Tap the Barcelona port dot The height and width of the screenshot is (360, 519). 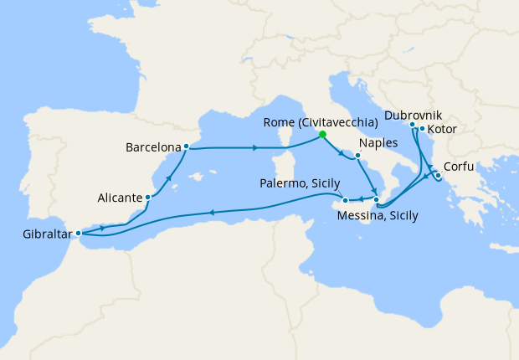(x=185, y=148)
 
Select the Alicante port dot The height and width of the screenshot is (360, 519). (x=148, y=198)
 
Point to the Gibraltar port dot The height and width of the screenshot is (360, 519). (x=78, y=234)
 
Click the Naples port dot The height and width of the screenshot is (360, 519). (x=357, y=156)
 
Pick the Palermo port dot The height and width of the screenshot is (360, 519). (x=346, y=201)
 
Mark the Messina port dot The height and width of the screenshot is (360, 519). (x=377, y=200)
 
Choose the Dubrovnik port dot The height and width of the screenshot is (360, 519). (x=413, y=125)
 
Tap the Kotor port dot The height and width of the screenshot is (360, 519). (x=422, y=129)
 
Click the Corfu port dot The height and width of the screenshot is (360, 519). (x=439, y=175)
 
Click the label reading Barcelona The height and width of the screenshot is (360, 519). (x=152, y=148)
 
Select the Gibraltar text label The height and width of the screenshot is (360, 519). (x=40, y=234)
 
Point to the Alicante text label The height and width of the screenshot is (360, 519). (x=118, y=198)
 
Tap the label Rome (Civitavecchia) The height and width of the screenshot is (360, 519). (x=308, y=122)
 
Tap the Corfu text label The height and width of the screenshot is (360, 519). (x=460, y=167)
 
